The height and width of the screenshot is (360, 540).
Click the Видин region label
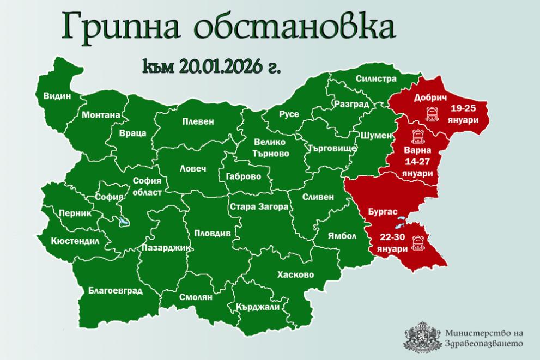[57, 96]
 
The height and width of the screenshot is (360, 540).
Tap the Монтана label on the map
[101, 115]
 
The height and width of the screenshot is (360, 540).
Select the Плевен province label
[198, 122]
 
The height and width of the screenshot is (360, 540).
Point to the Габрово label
[239, 176]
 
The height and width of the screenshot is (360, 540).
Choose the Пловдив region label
[213, 233]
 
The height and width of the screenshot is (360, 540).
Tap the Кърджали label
[258, 307]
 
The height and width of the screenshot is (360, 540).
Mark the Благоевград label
[115, 290]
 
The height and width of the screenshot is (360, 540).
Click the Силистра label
[375, 78]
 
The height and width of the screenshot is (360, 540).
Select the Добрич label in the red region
[430, 97]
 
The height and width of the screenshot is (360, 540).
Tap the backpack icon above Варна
[418, 136]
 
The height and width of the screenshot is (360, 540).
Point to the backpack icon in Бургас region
[419, 241]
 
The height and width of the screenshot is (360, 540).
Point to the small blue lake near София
[123, 222]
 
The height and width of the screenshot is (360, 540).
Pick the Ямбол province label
[342, 236]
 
